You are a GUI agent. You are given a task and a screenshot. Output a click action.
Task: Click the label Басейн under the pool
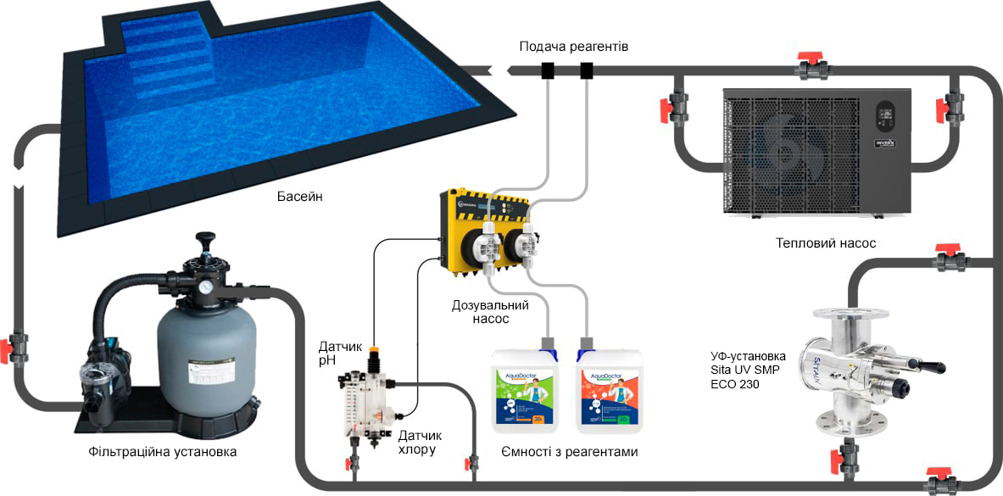pyautogui.click(x=300, y=197)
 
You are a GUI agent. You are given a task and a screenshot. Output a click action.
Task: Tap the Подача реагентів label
pyautogui.click(x=574, y=46)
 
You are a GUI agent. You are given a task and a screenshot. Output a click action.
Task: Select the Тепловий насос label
pyautogui.click(x=825, y=243)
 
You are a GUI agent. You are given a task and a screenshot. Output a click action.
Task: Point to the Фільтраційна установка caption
pyautogui.click(x=162, y=452)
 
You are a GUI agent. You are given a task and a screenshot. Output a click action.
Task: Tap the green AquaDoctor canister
pyautogui.click(x=523, y=392)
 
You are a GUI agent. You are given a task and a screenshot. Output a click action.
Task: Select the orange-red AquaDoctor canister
pyautogui.click(x=609, y=392)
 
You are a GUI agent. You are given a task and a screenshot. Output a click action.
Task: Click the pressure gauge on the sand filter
pyautogui.click(x=206, y=287)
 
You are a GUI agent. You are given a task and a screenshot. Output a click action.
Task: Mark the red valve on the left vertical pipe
pyautogui.click(x=16, y=347)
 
